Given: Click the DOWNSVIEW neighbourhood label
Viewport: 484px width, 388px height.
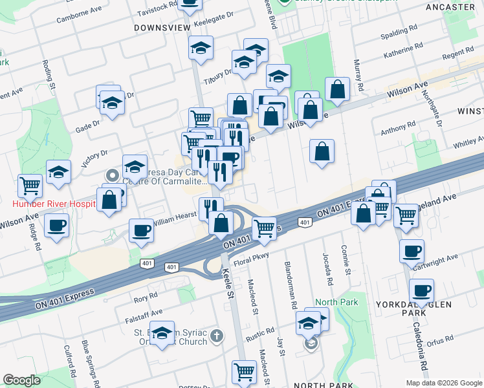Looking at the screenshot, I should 162,28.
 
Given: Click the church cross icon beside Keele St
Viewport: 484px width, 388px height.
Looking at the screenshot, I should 217,336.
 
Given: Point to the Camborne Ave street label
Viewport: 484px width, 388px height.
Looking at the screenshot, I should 80,15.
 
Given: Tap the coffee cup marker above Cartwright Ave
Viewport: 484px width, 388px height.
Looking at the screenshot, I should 412,252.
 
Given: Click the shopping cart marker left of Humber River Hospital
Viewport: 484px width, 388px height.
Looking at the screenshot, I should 30,187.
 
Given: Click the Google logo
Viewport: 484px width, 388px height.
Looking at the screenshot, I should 21,380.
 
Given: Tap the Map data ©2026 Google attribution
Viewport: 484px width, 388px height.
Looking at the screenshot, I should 443,382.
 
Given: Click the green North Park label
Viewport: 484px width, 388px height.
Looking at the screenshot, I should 332,302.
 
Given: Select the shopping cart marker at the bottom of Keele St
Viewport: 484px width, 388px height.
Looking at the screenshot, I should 244,371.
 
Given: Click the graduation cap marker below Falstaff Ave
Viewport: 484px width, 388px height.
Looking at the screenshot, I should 162,333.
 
